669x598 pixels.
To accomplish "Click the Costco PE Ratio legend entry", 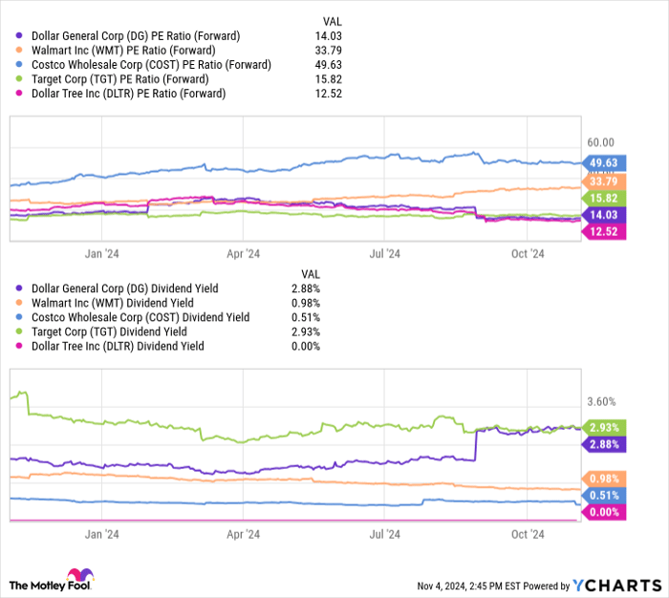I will [147, 65].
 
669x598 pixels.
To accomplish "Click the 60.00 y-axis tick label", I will [601, 142].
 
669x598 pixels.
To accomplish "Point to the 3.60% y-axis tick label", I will [601, 402].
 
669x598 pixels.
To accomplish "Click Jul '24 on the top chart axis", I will [385, 254].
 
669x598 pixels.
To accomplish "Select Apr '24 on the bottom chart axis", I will [244, 535].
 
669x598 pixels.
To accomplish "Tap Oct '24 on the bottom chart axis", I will [527, 535].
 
